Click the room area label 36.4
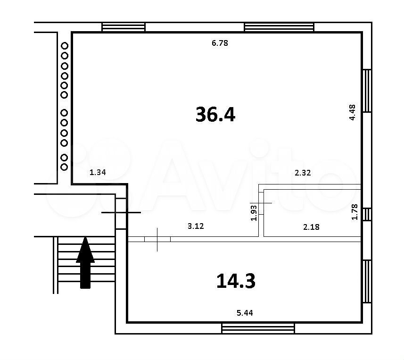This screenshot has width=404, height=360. pos(215,115)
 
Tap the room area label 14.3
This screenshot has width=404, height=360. pos(236,281)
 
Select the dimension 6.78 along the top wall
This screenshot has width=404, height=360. pos(220,43)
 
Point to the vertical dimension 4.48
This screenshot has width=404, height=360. pos(352,112)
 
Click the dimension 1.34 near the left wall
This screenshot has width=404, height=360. pos(98,172)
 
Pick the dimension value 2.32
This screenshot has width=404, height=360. pos(303,173)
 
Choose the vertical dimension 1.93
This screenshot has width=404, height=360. pos(254,213)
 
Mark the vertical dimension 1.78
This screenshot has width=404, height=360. pos(355,212)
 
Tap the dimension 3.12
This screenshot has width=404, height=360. pos(196,226)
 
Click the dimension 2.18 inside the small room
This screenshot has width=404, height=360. pos(311,227)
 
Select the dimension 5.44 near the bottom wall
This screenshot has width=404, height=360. pos(245,313)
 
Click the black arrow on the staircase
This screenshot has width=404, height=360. pos(85,262)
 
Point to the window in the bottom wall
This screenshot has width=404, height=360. pos(258,328)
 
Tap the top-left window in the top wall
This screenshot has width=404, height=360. pos(124,27)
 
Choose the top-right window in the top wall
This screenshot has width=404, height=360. pos(279,27)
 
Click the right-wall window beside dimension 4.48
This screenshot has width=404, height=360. pos(367,91)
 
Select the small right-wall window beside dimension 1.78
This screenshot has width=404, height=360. pos(367,214)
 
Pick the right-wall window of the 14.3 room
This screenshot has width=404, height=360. pos(367,281)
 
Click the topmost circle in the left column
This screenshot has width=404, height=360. pos(65,46)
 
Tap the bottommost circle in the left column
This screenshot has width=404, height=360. pos(64,167)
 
